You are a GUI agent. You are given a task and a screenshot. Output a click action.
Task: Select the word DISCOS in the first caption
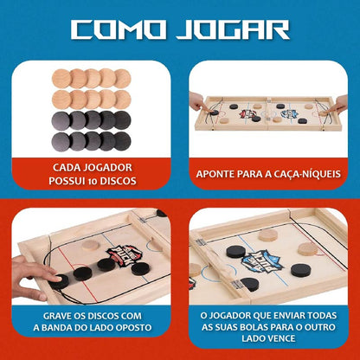[129, 182]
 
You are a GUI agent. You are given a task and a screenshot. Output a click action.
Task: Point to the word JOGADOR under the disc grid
[106, 167]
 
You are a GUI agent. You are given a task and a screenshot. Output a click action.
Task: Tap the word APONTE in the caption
[217, 174]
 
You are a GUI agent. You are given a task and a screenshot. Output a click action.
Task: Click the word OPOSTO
[132, 330]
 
